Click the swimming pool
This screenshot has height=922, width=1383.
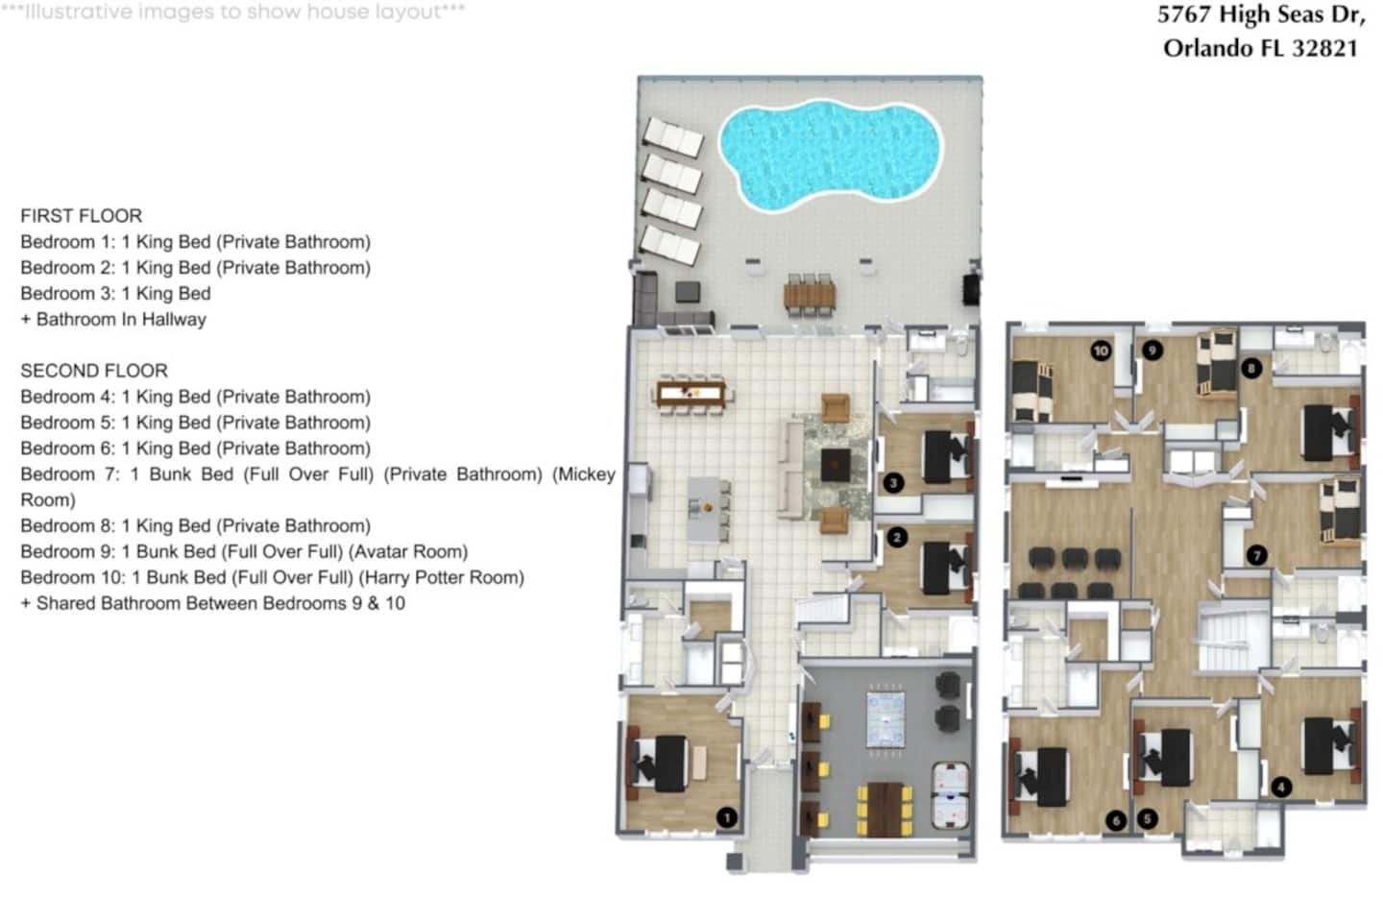(831, 155)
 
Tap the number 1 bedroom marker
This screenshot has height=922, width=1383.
(727, 817)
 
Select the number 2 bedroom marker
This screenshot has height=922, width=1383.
(897, 537)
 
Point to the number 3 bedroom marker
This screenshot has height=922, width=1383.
(893, 483)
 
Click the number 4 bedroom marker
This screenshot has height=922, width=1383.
(1281, 787)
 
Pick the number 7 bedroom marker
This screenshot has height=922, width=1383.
(1256, 555)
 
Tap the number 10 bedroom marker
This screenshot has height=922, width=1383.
(1101, 352)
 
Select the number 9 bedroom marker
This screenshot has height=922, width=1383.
(1152, 351)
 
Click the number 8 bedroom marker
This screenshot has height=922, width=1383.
(1251, 369)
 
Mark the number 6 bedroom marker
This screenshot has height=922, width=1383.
(1116, 820)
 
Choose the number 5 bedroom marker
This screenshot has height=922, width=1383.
(1147, 819)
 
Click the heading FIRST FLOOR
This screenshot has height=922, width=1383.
(82, 215)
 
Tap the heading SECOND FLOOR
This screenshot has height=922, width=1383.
(94, 371)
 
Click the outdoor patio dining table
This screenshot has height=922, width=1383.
(810, 296)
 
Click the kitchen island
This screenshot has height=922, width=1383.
(705, 509)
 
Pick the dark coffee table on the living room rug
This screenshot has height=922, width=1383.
(836, 465)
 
